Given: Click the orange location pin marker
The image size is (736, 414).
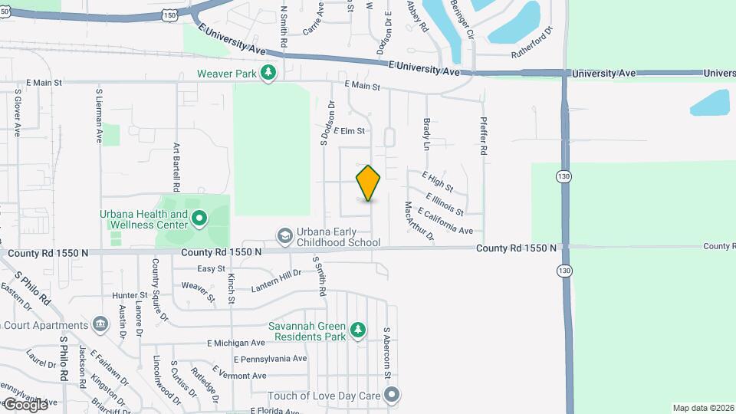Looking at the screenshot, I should pos(369,183).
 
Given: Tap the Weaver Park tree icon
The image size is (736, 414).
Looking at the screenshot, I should pos(268,73).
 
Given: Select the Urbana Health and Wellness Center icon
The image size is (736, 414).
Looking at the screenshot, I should pos(199,219).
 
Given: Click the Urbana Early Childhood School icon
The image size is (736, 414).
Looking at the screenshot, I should pos(284,235).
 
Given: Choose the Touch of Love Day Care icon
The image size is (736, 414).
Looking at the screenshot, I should pos(392,396).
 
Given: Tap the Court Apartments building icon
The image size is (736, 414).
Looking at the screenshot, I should pos(100,324).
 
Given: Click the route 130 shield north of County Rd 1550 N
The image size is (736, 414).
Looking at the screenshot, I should pos(564,177).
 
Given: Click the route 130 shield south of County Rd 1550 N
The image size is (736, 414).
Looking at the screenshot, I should pos(564,271).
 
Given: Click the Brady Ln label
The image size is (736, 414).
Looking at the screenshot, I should pos(426,133).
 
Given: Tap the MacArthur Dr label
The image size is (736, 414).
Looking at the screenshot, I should pos(419,222).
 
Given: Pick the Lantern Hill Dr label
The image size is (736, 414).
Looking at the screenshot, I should pos(277,282).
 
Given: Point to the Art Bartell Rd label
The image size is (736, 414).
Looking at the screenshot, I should pos(176,166).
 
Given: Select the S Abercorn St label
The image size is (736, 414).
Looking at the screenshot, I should pos(387,352).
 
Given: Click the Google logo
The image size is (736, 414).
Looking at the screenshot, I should pos(26,404).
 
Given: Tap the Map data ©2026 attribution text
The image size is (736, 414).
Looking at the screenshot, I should pos(702,408).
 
